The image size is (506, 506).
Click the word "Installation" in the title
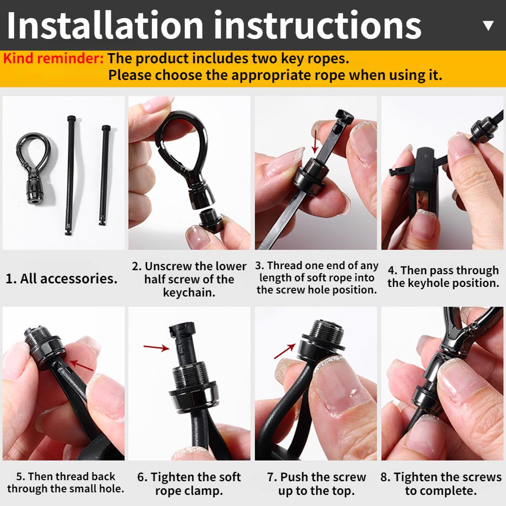point(105,25)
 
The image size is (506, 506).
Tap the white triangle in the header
point(489,25)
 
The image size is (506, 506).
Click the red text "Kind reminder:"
point(53,58)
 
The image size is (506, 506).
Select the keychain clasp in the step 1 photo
point(33,168)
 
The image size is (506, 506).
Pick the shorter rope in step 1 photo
point(104,175)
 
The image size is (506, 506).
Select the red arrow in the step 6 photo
point(156,347)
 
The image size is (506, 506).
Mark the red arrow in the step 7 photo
point(284,351)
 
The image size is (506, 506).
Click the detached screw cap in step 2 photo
point(210,221)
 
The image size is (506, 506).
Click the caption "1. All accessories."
point(62,278)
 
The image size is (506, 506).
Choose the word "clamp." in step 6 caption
point(205,491)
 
